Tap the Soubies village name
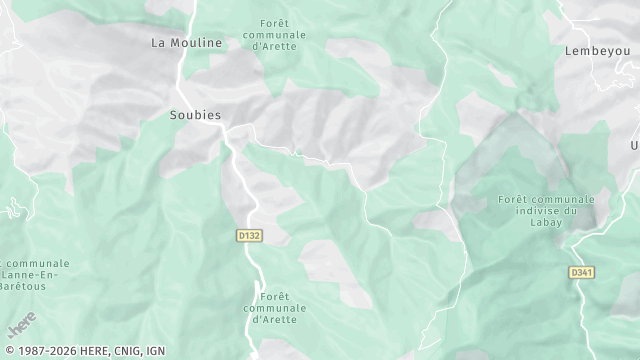(x=188, y=115)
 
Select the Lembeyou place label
(x=594, y=51)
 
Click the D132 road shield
(x=249, y=236)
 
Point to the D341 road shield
(x=581, y=272)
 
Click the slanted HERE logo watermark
(x=21, y=325)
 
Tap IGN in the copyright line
(x=156, y=351)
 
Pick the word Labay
(x=545, y=222)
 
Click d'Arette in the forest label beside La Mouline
(x=274, y=46)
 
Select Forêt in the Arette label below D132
(x=274, y=297)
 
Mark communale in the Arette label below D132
(x=274, y=308)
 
